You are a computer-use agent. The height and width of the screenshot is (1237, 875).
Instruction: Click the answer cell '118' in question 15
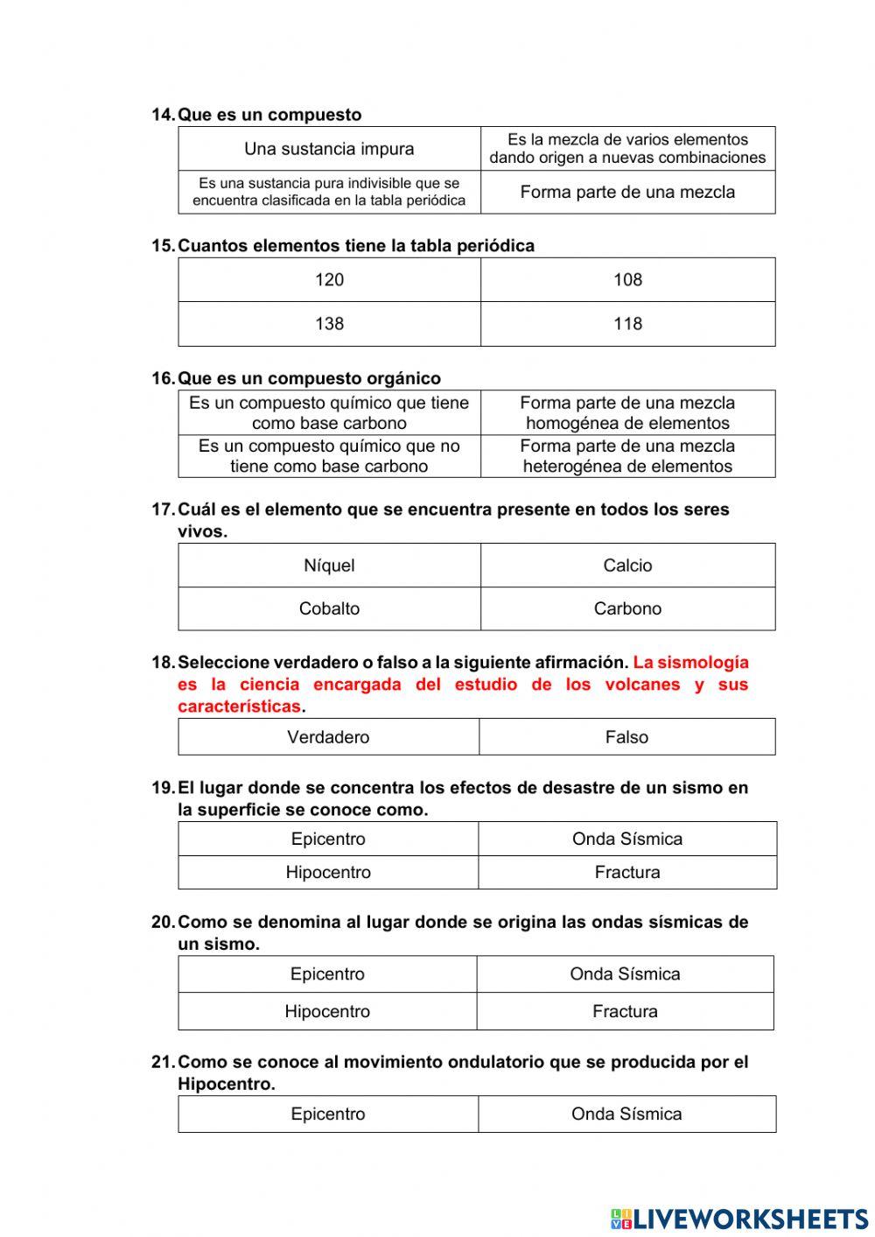pos(627,324)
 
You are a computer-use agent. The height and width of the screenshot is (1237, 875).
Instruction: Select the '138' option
pos(329,324)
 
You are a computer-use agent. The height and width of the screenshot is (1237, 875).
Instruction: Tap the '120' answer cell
pos(329,280)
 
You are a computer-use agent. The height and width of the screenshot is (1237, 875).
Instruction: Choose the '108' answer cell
pos(627,280)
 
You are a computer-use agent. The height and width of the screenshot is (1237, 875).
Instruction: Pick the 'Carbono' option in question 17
pos(627,608)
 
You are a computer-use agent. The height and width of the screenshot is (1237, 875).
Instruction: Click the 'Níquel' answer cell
pos(329,566)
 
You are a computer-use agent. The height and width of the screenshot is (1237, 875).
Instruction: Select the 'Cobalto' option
pos(329,608)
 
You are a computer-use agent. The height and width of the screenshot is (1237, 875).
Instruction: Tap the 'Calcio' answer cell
pos(627,566)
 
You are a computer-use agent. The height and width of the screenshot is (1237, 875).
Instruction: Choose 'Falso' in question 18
pos(626,737)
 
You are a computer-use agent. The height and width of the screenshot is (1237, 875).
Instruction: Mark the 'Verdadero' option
pos(328,737)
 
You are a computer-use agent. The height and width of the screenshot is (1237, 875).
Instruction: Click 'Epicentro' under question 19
pos(328,839)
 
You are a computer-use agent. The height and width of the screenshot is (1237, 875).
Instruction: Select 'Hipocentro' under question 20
pos(327,1011)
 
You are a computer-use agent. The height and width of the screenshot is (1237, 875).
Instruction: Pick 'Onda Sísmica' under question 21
pos(626,1114)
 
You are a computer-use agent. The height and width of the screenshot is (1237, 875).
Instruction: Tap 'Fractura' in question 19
pos(627,872)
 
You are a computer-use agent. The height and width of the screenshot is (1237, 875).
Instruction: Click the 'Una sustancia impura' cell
pos(329,149)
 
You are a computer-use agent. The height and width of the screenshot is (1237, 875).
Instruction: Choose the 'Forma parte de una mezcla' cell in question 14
pos(627,192)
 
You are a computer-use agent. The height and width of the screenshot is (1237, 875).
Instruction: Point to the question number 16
pos(163,378)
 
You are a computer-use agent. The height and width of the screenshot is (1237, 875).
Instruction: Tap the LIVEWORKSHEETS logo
pos(739,1219)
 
